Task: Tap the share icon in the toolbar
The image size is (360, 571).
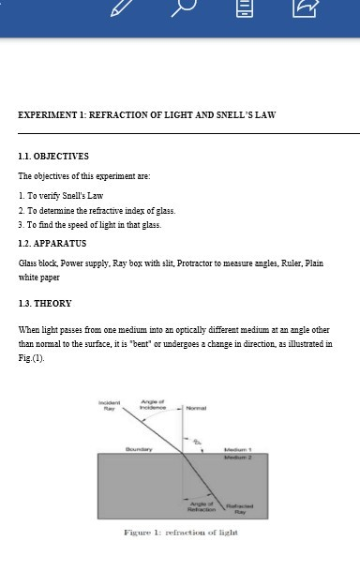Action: point(305,8)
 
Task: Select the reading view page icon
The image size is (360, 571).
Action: point(243,8)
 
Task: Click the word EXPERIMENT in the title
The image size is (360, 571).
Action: point(48,115)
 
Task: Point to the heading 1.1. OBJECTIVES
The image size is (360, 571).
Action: point(53,157)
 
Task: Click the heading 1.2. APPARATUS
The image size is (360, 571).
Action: point(52,244)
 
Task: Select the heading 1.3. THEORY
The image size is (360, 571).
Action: point(45,304)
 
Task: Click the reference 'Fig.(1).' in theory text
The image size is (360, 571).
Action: point(32,358)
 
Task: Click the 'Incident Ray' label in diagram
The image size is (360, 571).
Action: point(110,406)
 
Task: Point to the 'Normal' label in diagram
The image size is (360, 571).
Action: point(197,408)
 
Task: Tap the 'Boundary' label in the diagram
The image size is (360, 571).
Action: point(139,449)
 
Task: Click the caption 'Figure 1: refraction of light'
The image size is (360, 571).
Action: point(180,533)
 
